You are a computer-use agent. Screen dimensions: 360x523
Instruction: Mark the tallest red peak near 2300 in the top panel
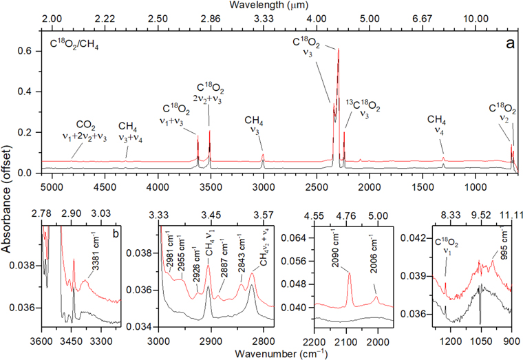pos(338,49)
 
